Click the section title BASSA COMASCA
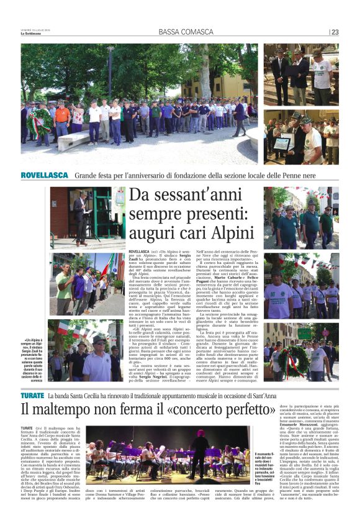180,32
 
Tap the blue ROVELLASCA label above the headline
45,175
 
